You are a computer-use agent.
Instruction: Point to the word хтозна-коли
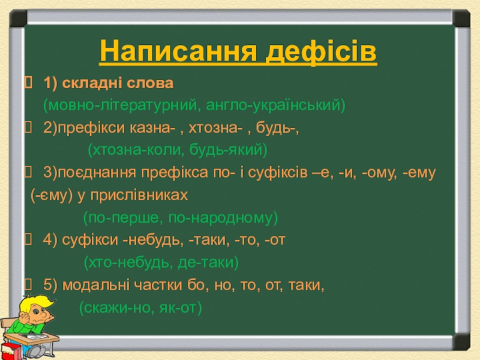coord(138,150)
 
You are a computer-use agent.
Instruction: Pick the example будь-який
coord(226,150)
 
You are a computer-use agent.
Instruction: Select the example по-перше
coord(125,218)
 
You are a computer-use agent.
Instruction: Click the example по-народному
coord(221,218)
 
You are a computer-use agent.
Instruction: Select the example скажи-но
coord(119,308)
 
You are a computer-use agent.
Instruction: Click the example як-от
coord(178,308)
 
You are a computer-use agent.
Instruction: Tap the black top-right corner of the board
coord(461,19)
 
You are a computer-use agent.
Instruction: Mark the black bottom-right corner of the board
coord(461,341)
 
